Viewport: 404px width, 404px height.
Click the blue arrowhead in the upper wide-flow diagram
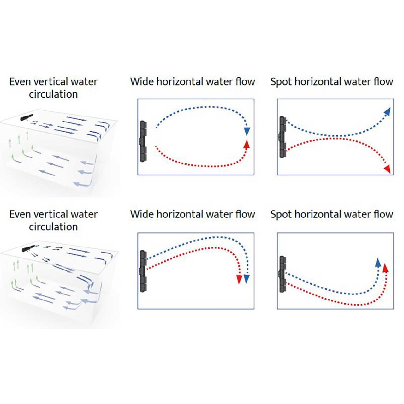pos(247,131)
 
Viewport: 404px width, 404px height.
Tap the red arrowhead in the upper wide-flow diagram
pos(247,144)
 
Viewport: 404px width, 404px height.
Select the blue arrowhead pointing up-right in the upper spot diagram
pos(388,111)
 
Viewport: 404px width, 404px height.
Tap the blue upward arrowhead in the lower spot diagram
pos(378,262)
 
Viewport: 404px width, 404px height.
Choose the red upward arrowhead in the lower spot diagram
pos(385,268)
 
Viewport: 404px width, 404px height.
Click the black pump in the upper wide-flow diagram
pos(143,141)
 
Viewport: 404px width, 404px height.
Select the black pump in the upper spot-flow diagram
pos(282,137)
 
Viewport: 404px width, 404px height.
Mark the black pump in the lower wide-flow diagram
pos(143,271)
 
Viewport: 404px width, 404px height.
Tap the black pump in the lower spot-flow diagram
pos(282,274)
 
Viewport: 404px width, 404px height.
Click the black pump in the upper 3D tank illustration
pos(27,117)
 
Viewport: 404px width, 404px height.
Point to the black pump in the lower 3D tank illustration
pos(28,248)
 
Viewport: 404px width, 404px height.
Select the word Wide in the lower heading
pos(142,214)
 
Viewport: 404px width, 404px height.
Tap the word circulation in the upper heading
pos(53,94)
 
